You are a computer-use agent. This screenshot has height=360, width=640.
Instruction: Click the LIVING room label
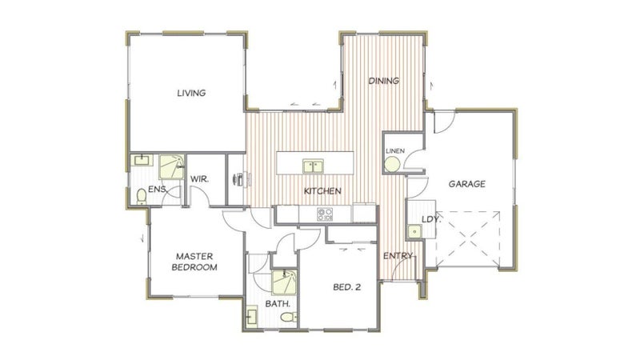191,93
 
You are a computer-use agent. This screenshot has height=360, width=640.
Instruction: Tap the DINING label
384,81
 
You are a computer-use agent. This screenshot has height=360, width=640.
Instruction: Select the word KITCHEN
322,190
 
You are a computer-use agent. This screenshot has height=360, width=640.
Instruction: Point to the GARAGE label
467,184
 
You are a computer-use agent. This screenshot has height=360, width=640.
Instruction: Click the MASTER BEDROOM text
194,262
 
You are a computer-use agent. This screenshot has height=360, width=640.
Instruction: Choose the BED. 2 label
347,287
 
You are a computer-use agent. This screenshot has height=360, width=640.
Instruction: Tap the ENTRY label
398,256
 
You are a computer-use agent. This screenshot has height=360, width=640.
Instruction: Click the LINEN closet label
395,151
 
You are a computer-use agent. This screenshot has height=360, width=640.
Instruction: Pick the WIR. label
199,178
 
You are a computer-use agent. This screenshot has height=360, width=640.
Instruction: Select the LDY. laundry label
431,219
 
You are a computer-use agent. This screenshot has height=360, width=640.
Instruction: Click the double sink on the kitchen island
313,166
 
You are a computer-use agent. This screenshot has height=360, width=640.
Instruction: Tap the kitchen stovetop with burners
325,214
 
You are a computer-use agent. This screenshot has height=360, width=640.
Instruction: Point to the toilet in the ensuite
142,196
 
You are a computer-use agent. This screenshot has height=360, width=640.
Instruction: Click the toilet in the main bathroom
289,317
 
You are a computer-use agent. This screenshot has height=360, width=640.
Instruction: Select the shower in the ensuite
171,166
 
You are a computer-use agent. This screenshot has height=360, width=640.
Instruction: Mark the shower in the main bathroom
284,282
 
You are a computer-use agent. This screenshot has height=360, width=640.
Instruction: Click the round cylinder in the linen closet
392,165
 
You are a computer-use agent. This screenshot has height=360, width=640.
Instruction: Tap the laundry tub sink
414,231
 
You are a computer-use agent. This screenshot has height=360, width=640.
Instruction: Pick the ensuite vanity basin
142,159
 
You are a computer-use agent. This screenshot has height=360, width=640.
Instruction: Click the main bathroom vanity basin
252,316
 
